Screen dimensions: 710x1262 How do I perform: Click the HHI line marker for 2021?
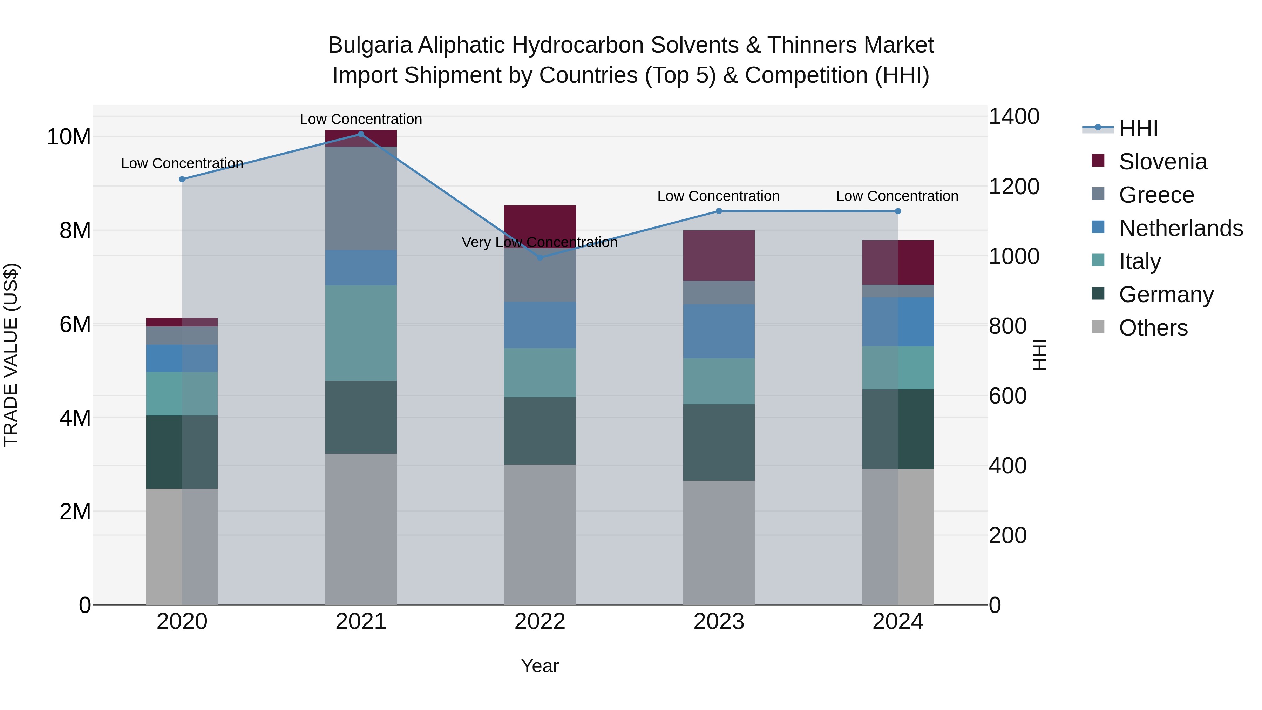(361, 134)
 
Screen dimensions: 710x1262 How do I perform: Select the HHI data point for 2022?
(540, 257)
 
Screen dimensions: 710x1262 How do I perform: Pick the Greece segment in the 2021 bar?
(361, 198)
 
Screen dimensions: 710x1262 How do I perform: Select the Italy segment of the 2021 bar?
(361, 333)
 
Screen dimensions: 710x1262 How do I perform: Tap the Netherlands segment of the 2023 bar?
(719, 331)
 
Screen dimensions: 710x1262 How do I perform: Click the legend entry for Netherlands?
(1181, 228)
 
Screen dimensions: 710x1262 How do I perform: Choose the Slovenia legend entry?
(1162, 162)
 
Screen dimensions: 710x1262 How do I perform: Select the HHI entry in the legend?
(1138, 128)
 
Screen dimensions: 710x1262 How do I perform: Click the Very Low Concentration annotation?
(540, 243)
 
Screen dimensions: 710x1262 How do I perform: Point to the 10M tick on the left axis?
(69, 137)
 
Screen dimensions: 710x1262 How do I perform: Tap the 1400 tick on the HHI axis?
(1013, 117)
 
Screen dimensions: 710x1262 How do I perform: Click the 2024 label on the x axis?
(897, 622)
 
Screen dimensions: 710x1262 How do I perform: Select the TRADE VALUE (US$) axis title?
(11, 355)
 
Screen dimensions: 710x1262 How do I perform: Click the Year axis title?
(540, 666)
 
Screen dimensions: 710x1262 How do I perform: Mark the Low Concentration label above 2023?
(718, 196)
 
